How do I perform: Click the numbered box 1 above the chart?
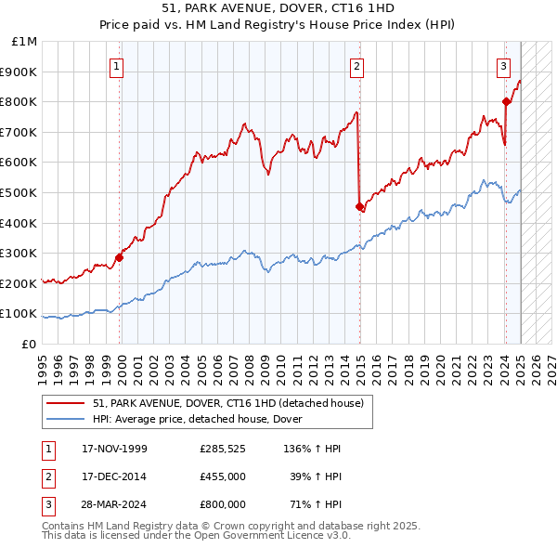pyautogui.click(x=117, y=65)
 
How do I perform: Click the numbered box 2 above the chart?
pyautogui.click(x=356, y=65)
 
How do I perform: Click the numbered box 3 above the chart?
pyautogui.click(x=502, y=65)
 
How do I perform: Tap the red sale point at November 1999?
pyautogui.click(x=120, y=257)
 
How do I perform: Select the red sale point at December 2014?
pyautogui.click(x=359, y=206)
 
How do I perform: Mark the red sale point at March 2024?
pyautogui.click(x=506, y=101)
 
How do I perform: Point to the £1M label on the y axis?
pyautogui.click(x=25, y=42)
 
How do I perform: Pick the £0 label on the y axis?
pyautogui.click(x=31, y=344)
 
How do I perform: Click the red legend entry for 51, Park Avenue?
pyautogui.click(x=232, y=403)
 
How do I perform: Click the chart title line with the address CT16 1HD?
pyautogui.click(x=278, y=8)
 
